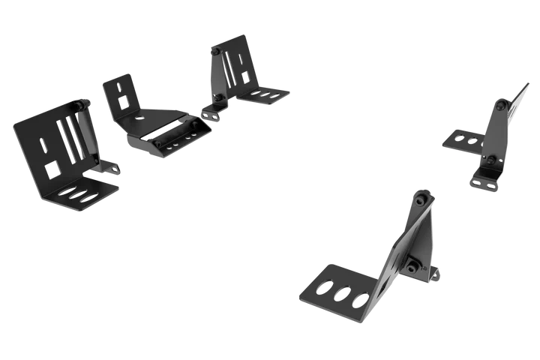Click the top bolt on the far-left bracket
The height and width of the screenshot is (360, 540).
[78, 105]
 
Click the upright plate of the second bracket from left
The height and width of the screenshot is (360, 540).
[121, 93]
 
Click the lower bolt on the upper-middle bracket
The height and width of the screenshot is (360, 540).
[217, 98]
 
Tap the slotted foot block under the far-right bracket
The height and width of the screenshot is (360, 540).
[486, 179]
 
